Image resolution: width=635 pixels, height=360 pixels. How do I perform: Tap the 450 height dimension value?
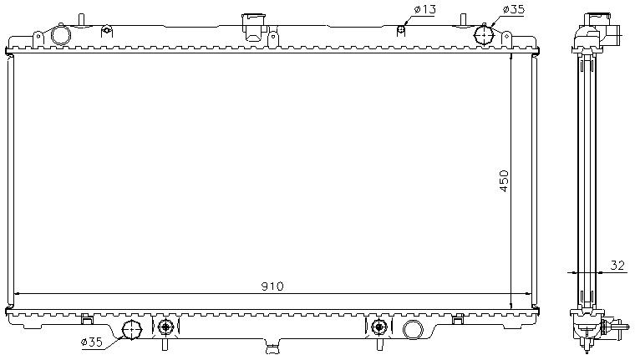503,181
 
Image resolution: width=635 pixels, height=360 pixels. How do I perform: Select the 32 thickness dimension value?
617,265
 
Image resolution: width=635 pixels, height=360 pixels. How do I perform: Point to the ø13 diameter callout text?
424,10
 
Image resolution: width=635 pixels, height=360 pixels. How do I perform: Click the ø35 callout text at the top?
513,10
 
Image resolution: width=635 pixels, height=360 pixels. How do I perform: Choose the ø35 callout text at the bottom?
93,342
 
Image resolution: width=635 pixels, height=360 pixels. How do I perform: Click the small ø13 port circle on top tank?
401,31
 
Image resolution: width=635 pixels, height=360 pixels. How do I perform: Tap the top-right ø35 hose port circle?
485,35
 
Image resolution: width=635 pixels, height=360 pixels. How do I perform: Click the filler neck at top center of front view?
251,24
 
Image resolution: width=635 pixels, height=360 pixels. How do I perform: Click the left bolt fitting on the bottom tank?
165,327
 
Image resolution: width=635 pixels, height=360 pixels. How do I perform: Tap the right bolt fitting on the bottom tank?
379,327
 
